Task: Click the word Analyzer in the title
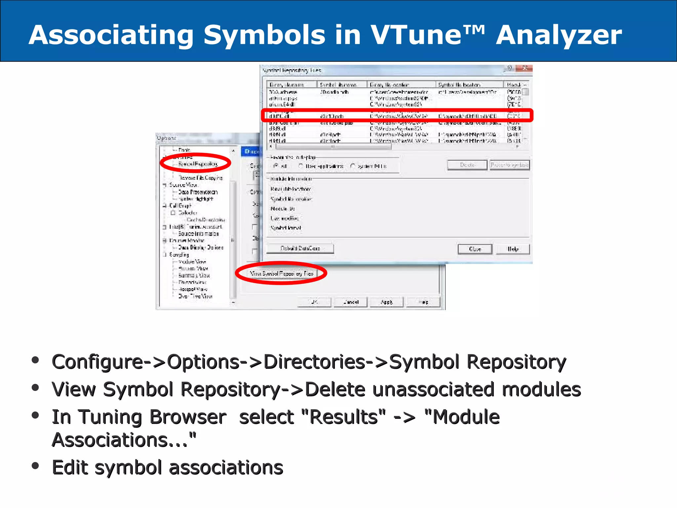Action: pyautogui.click(x=559, y=35)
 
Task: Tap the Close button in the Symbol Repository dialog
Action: pyautogui.click(x=475, y=249)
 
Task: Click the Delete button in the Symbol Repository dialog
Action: pyautogui.click(x=467, y=165)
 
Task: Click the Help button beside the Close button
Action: pyautogui.click(x=513, y=249)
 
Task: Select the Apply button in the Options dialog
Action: pyautogui.click(x=386, y=302)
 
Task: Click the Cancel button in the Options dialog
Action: pyautogui.click(x=350, y=302)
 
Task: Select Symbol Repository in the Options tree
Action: pyautogui.click(x=198, y=164)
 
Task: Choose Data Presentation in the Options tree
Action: pyautogui.click(x=198, y=192)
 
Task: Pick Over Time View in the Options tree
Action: pyautogui.click(x=195, y=296)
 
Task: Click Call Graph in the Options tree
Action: pyautogui.click(x=180, y=206)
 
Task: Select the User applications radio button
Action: pyautogui.click(x=300, y=166)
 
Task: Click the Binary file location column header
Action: pyautogui.click(x=389, y=85)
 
